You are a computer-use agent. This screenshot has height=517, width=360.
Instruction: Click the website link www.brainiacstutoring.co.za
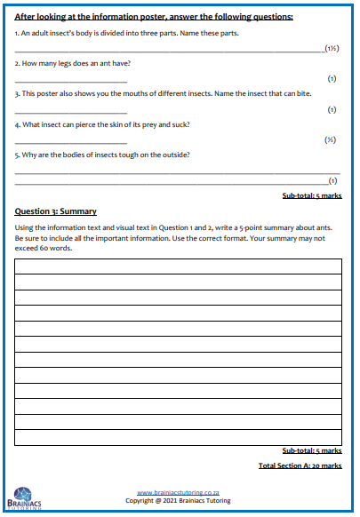(178, 492)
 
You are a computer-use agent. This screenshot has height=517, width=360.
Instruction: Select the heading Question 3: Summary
(56, 211)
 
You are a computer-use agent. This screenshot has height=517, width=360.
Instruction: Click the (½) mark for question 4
(330, 139)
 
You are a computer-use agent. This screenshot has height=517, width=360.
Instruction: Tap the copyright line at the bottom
(178, 500)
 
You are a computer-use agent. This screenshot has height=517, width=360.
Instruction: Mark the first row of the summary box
(178, 266)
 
